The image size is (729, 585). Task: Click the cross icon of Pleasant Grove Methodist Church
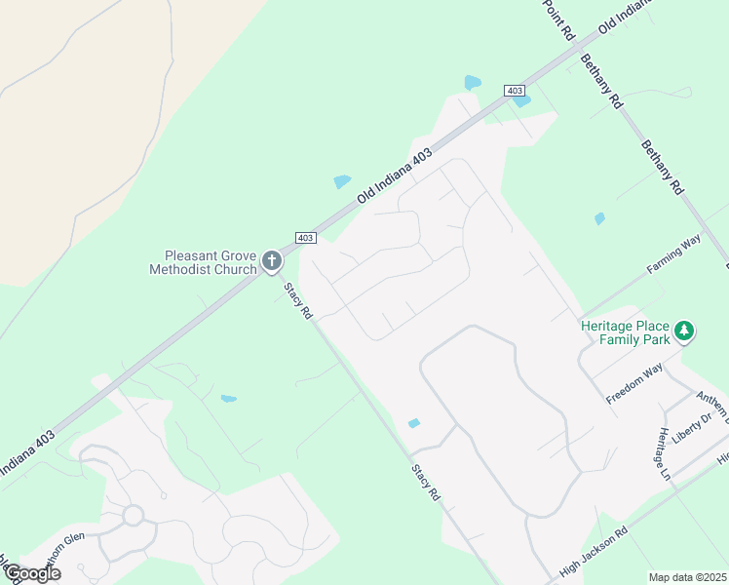pyautogui.click(x=271, y=261)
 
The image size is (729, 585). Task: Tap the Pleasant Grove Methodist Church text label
pyautogui.click(x=203, y=261)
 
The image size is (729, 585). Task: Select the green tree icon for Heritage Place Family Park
pyautogui.click(x=685, y=331)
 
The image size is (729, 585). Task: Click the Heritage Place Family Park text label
pyautogui.click(x=626, y=332)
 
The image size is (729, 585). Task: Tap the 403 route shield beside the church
pyautogui.click(x=305, y=238)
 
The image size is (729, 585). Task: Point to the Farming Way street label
pyautogui.click(x=673, y=253)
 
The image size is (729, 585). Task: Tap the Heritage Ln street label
pyautogui.click(x=664, y=453)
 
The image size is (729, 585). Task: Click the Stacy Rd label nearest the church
pyautogui.click(x=297, y=301)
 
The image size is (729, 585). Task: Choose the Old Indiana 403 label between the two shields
pyautogui.click(x=394, y=175)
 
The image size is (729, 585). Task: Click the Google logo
pyautogui.click(x=32, y=573)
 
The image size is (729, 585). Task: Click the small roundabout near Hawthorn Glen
pyautogui.click(x=133, y=514)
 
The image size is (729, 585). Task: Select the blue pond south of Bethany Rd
pyautogui.click(x=599, y=218)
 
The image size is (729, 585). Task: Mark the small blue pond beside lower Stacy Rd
pyautogui.click(x=413, y=423)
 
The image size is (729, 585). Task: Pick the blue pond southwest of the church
pyautogui.click(x=229, y=398)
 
